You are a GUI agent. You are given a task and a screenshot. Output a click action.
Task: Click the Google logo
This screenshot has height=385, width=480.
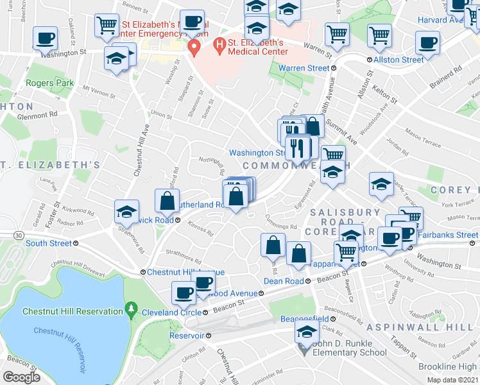pyautogui.click(x=21, y=377)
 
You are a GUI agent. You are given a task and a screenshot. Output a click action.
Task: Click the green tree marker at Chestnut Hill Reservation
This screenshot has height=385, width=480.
pyautogui.click(x=132, y=310)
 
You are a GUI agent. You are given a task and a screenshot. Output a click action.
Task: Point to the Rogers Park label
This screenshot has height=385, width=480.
pyautogui.click(x=49, y=83)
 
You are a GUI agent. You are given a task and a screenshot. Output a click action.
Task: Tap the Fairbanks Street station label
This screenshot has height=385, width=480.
pyautogui.click(x=447, y=235)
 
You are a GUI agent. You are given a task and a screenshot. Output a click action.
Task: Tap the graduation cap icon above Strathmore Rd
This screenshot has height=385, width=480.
pyautogui.click(x=126, y=211)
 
